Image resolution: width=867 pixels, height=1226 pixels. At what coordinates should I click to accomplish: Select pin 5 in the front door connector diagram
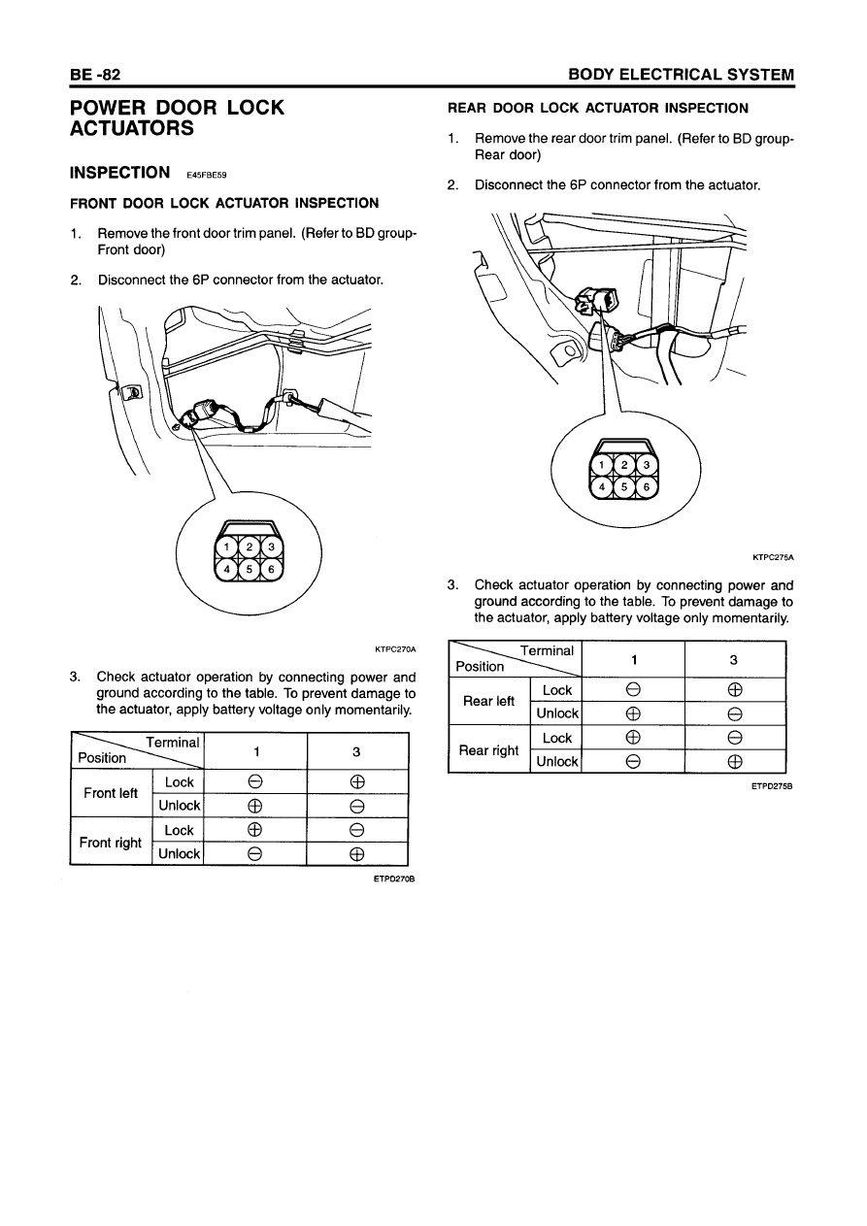(249, 569)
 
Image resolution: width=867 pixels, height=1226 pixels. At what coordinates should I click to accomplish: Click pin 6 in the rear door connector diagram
(646, 486)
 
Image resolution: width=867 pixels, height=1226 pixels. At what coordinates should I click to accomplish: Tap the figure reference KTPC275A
(772, 557)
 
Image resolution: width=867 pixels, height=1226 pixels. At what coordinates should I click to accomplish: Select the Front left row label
(111, 793)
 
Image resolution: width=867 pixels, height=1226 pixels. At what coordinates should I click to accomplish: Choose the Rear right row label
(488, 749)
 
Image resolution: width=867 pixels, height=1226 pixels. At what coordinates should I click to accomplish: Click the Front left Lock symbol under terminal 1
(254, 782)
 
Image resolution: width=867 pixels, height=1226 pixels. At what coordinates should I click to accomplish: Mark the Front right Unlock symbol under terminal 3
(356, 854)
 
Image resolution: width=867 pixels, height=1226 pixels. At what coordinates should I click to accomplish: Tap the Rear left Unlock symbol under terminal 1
(632, 713)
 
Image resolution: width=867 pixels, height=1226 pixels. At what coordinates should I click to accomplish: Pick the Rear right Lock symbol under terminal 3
(734, 738)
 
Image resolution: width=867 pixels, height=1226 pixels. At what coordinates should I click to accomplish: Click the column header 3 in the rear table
(734, 659)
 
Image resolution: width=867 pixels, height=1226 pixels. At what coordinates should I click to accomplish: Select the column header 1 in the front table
(254, 751)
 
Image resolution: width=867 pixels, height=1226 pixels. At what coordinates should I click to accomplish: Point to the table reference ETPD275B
(772, 786)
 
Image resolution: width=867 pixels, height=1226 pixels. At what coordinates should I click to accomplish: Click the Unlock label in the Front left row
(180, 806)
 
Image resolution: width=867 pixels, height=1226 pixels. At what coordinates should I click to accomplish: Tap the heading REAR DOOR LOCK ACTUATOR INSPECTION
(597, 108)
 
